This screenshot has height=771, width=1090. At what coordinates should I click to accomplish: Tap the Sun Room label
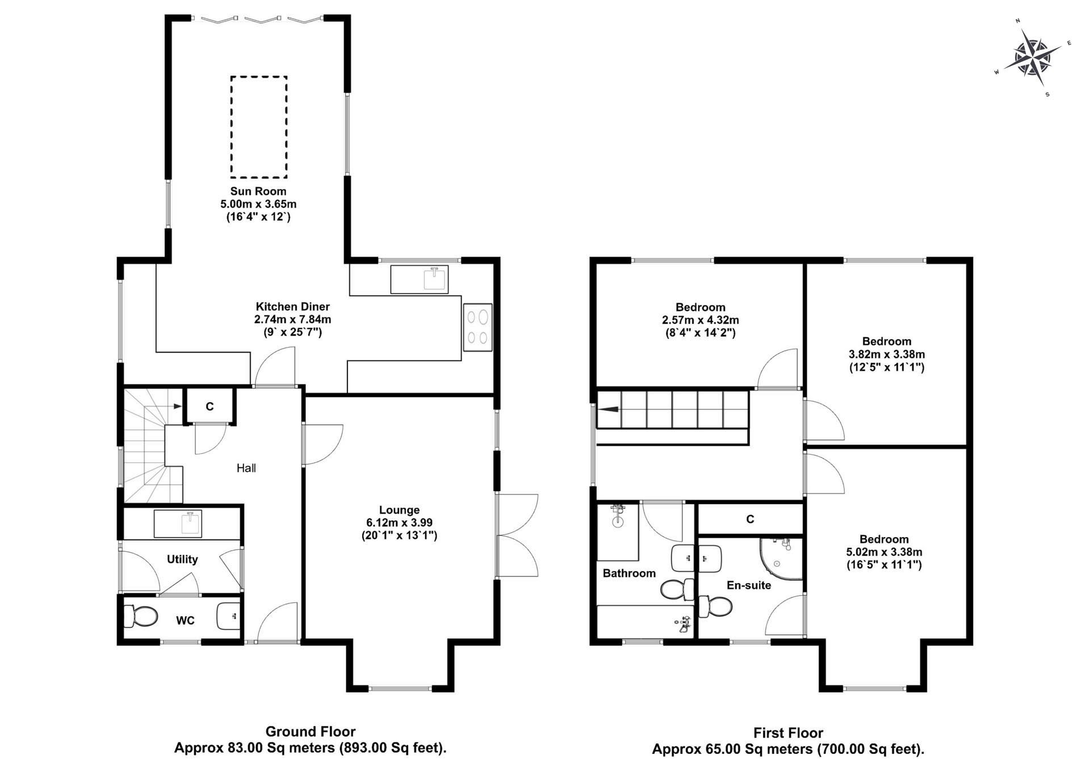[x=258, y=191]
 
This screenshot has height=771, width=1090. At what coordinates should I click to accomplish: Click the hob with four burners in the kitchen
[x=477, y=328]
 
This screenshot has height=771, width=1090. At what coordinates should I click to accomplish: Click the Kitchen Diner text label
[x=292, y=307]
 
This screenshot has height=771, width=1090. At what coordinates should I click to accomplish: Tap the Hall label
[x=246, y=468]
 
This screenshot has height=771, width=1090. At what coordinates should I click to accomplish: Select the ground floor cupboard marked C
[x=209, y=406]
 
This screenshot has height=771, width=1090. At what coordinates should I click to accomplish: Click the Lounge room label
[x=400, y=510]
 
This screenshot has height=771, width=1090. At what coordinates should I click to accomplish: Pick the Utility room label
[x=182, y=559]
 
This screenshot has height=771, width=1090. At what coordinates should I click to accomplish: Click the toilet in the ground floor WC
[x=140, y=617]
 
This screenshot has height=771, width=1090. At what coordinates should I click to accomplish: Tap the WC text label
[x=185, y=621]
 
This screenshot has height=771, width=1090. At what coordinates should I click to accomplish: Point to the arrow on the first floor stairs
[x=609, y=409]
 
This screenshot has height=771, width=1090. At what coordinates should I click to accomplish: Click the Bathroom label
[x=629, y=573]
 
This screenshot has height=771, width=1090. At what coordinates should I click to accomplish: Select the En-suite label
[x=749, y=585]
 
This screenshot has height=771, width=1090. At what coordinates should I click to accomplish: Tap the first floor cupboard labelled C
[x=750, y=519]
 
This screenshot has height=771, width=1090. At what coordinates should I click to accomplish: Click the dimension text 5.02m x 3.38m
[x=884, y=552]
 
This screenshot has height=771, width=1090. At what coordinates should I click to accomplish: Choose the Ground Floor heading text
[x=311, y=732]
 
